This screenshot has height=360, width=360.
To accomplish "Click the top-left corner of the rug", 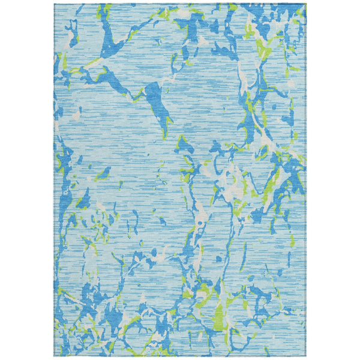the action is (x=54, y=4).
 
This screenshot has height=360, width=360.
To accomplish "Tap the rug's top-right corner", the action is (x=306, y=4).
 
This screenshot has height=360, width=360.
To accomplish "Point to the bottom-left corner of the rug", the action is (x=54, y=356).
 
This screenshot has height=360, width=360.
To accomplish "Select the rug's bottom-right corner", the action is (x=306, y=356).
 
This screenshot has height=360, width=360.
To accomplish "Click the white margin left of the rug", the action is (x=27, y=180).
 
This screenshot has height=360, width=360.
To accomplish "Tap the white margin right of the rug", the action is (x=333, y=180).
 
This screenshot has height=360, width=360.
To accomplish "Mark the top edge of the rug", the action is (x=180, y=4).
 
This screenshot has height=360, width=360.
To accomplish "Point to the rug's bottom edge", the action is (x=180, y=356).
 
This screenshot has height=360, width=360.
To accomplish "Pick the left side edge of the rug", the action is (x=54, y=180).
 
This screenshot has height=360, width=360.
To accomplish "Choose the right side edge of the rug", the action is (x=306, y=180).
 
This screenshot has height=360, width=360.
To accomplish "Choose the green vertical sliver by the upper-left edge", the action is (x=60, y=60).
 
